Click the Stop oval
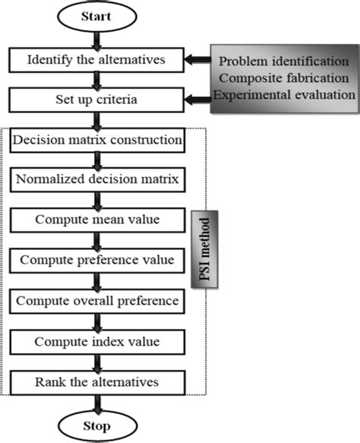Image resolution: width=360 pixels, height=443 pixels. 96,425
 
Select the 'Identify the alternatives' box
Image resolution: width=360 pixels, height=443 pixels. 96,59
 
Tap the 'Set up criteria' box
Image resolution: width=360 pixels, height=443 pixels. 96,100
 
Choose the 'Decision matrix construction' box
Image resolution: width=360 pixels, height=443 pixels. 96,141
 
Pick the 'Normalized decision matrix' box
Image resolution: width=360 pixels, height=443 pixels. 96,181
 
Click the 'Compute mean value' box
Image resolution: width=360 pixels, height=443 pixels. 96,220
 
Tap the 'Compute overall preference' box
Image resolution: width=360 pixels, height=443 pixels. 96,301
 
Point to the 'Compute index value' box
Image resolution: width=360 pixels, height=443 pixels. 96,340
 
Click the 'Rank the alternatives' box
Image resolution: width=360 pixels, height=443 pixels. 96,381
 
